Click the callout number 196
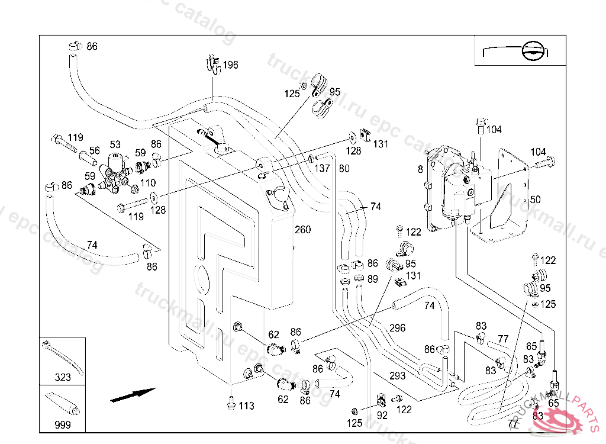pyautogui.click(x=230, y=65)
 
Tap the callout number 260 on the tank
pyautogui.click(x=302, y=230)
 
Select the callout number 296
pyautogui.click(x=397, y=328)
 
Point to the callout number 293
pyautogui.click(x=397, y=375)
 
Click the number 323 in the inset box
pyautogui.click(x=63, y=377)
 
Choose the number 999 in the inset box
pyautogui.click(x=62, y=425)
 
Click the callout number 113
pyautogui.click(x=246, y=406)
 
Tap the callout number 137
pyautogui.click(x=322, y=168)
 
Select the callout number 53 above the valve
pyautogui.click(x=115, y=144)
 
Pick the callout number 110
pyautogui.click(x=148, y=184)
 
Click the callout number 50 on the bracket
pyautogui.click(x=535, y=200)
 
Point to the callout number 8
pyautogui.click(x=420, y=169)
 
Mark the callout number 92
pyautogui.click(x=382, y=416)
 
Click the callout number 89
pyautogui.click(x=372, y=279)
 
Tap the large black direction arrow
pyautogui.click(x=133, y=395)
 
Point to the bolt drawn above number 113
pyautogui.click(x=231, y=402)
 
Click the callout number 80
pyautogui.click(x=344, y=168)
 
